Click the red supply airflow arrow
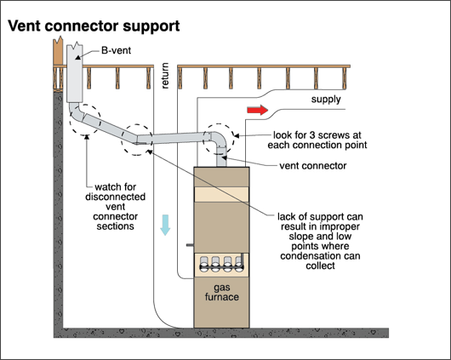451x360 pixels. pyautogui.click(x=258, y=110)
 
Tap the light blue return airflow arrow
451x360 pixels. pyautogui.click(x=165, y=225)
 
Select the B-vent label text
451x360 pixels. pyautogui.click(x=117, y=50)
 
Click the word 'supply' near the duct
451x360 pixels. pyautogui.click(x=326, y=100)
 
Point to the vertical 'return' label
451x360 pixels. pyautogui.click(x=165, y=76)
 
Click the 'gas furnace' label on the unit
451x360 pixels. pyautogui.click(x=222, y=292)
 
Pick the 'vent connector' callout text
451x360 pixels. pyautogui.click(x=313, y=166)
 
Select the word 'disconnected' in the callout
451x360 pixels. pyautogui.click(x=116, y=197)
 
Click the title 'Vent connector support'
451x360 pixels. pyautogui.click(x=94, y=26)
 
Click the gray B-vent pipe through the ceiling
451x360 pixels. pyautogui.click(x=75, y=72)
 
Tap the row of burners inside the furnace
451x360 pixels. pyautogui.click(x=222, y=264)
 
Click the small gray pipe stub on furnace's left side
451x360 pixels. pyautogui.click(x=190, y=245)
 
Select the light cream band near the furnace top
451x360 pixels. pyautogui.click(x=221, y=195)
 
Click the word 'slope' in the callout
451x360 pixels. pyautogui.click(x=300, y=237)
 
